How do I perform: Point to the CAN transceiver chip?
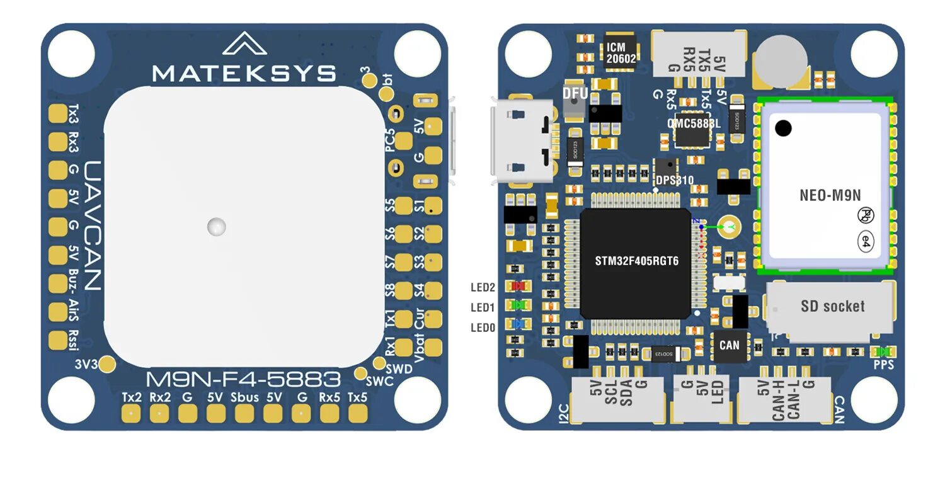(730, 345)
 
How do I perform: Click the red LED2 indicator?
(519, 286)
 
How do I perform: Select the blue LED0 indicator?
(519, 325)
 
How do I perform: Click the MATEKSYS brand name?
(244, 73)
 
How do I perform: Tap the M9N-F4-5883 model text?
(243, 380)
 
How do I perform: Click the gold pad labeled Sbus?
(244, 413)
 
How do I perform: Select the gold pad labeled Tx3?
(58, 113)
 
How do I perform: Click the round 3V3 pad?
(108, 363)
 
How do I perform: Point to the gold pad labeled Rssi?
(58, 340)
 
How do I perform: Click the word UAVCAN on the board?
(93, 225)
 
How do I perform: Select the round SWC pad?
(361, 374)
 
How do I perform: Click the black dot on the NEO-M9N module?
(783, 128)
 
